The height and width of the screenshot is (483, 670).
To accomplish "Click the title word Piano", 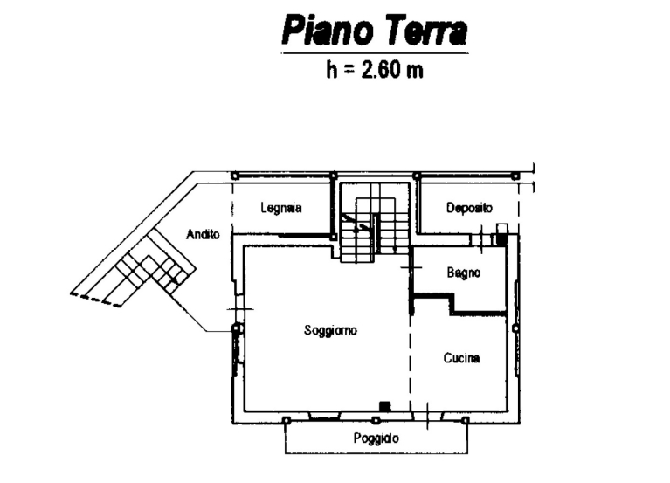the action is (327, 31).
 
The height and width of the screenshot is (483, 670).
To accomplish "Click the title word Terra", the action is (427, 31).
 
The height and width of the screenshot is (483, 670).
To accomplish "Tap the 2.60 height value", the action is (381, 70).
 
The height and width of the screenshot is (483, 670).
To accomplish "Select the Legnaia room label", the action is (281, 208).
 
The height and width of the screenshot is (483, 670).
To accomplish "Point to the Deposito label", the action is (469, 208).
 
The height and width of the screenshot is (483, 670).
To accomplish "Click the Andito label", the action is (203, 234).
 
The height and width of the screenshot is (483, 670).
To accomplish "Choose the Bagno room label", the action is (464, 273).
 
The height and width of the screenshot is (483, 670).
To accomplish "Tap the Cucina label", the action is (461, 358).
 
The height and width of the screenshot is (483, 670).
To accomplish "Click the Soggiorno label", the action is (330, 330).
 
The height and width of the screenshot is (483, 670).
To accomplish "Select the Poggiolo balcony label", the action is (376, 438).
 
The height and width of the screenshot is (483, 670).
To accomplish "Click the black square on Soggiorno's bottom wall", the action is (385, 406).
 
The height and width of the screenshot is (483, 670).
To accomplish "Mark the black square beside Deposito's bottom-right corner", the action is (501, 239).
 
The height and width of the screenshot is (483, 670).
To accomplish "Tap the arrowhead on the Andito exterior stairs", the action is (175, 280).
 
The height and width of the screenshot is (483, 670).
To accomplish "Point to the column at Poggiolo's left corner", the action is (287, 421).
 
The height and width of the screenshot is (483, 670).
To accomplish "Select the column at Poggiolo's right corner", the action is (466, 421).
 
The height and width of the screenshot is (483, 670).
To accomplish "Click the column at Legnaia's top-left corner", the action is (234, 176).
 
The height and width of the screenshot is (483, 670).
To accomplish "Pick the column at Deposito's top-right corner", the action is (515, 176).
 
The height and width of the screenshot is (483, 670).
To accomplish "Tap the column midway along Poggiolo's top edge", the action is (375, 421).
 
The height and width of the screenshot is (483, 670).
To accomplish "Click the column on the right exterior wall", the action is (515, 328).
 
